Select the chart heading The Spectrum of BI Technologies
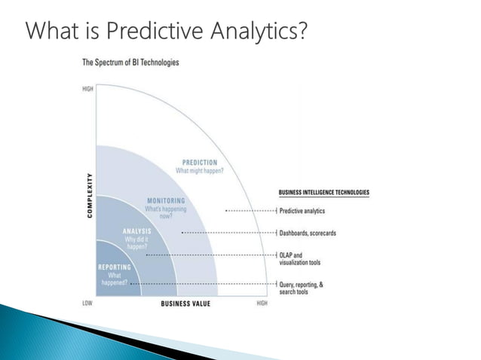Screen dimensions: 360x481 (x=130, y=62)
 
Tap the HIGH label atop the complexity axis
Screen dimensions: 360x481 (x=88, y=89)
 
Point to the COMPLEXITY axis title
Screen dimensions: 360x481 (x=90, y=195)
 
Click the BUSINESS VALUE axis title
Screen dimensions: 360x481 (x=185, y=304)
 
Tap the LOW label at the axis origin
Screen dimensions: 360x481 (x=87, y=303)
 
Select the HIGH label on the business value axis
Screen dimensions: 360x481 (x=262, y=303)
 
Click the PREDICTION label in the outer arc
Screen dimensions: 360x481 (x=199, y=163)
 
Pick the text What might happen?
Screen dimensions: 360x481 (x=197, y=171)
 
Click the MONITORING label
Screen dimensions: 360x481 (x=166, y=201)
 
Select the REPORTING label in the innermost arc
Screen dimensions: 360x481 (x=114, y=267)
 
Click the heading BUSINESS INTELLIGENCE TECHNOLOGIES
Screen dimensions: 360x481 (x=324, y=193)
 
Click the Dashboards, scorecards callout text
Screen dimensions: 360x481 (x=308, y=233)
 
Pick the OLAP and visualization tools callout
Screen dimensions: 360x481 (x=299, y=258)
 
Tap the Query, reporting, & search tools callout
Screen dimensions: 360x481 (x=301, y=288)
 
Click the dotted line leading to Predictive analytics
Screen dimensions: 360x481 (x=249, y=211)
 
